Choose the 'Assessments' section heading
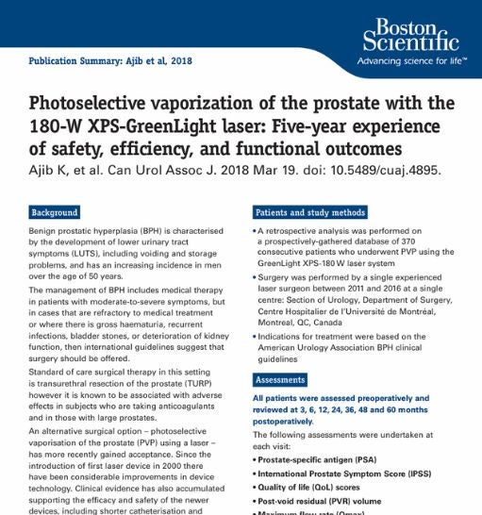286,380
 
